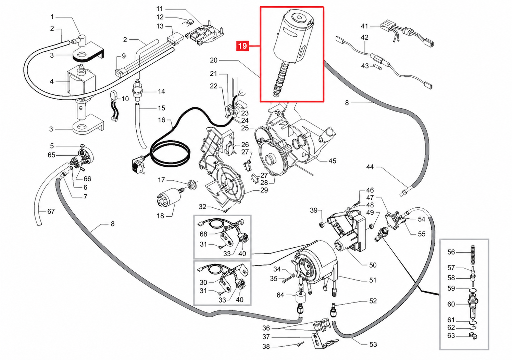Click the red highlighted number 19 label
[x=242, y=46]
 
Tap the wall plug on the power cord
[x=138, y=165]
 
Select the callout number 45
[x=332, y=161]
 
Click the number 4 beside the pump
[x=52, y=81]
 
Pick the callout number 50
[x=373, y=265]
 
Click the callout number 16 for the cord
[x=161, y=120]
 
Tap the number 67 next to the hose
[x=51, y=211]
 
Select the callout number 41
[x=364, y=26]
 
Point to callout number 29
[x=264, y=190]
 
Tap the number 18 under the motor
[x=160, y=216]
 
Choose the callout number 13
[x=160, y=26]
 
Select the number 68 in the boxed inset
[x=203, y=234]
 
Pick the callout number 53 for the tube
[x=373, y=344]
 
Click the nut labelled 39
[x=322, y=225]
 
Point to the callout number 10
[x=125, y=99]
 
